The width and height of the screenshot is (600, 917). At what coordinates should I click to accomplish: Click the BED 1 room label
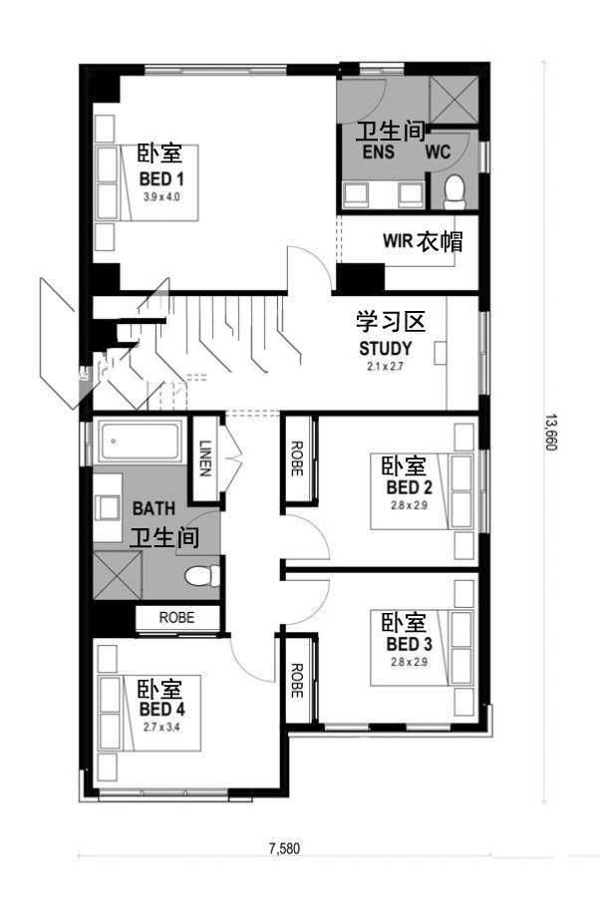(x=161, y=178)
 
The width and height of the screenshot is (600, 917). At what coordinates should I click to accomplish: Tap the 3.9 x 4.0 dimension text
(x=161, y=197)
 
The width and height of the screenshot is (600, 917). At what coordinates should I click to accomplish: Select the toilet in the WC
(x=453, y=192)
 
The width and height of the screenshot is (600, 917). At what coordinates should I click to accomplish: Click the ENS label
(x=379, y=153)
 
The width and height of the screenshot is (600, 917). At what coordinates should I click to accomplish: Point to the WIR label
(x=398, y=240)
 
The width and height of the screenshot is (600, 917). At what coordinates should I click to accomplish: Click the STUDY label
(x=385, y=349)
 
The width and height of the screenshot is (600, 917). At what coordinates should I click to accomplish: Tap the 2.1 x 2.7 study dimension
(x=385, y=367)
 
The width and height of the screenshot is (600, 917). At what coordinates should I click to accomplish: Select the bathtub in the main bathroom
(x=140, y=441)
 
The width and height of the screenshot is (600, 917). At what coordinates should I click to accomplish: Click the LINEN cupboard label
(x=204, y=458)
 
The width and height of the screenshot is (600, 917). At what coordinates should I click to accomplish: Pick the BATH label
(x=153, y=508)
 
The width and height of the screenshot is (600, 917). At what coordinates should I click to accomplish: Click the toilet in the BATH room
(x=201, y=575)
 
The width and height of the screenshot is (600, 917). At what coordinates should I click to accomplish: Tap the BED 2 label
(x=410, y=487)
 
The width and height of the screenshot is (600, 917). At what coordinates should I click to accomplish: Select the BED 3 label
(x=410, y=645)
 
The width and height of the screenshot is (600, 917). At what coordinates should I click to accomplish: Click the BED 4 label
(x=162, y=710)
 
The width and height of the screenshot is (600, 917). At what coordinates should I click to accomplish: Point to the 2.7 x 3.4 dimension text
(x=162, y=728)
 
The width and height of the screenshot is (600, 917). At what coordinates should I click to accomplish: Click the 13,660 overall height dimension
(x=551, y=433)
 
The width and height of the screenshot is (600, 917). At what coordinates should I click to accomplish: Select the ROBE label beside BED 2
(x=296, y=458)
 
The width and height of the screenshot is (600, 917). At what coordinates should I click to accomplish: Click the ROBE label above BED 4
(x=176, y=617)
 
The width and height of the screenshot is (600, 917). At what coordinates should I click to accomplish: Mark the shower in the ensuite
(x=454, y=100)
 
